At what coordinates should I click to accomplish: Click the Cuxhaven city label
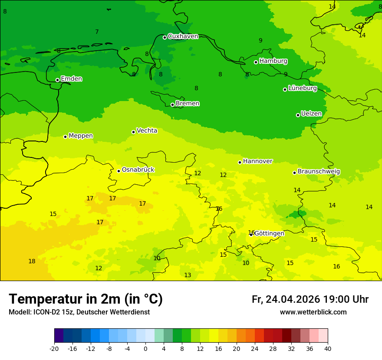pos(183,36)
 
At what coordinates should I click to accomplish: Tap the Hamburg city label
pos(273,61)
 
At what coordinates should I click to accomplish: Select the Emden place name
pos(71,79)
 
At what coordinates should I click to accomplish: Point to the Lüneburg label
pos(302,88)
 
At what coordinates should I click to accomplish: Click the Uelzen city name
pos(311,114)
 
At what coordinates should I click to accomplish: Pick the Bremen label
pos(187,104)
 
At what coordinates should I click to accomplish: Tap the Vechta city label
pos(147,131)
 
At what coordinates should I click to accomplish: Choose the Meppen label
pos(80,136)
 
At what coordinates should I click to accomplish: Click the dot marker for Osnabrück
pos(119,171)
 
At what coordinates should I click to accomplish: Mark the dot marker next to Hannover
pos(240,162)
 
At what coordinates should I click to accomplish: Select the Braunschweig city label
pos(319,172)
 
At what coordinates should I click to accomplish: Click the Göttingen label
pos(269,233)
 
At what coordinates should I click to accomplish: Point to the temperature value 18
pos(32,261)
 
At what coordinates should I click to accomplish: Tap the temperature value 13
pos(188,275)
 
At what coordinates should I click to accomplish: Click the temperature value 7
pos(97,32)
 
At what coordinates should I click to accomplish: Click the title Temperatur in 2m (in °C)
pos(86,299)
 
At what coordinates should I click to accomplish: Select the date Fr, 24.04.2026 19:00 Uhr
pos(310,299)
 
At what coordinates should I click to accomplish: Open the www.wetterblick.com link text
pos(313,312)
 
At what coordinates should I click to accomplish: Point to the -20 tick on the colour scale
pos(54,349)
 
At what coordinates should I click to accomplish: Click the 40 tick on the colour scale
pos(328,349)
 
